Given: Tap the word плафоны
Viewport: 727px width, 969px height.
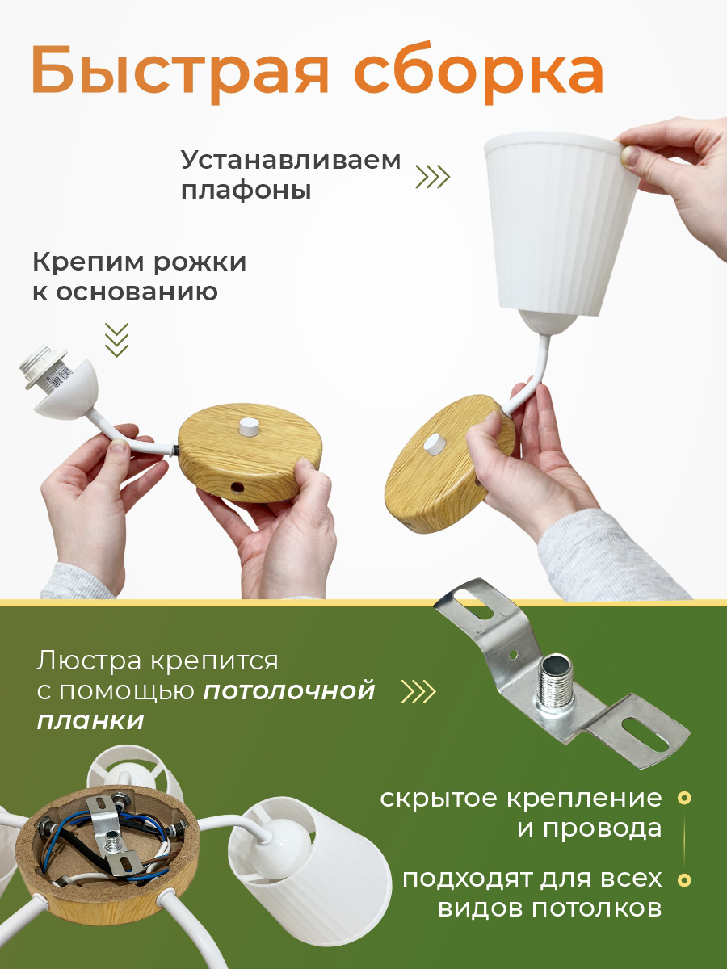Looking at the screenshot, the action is [246, 191].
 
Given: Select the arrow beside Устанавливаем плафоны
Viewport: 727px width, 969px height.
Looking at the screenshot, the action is [433, 177].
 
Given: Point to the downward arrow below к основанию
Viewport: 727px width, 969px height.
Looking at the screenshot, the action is [117, 340].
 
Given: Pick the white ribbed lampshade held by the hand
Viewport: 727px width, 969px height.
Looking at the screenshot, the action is [561, 226].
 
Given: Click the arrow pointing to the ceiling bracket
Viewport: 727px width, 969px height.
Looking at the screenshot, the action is [418, 691].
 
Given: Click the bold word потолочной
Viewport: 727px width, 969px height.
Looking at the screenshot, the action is [289, 691].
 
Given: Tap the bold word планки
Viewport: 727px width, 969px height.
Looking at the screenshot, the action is [91, 721].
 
